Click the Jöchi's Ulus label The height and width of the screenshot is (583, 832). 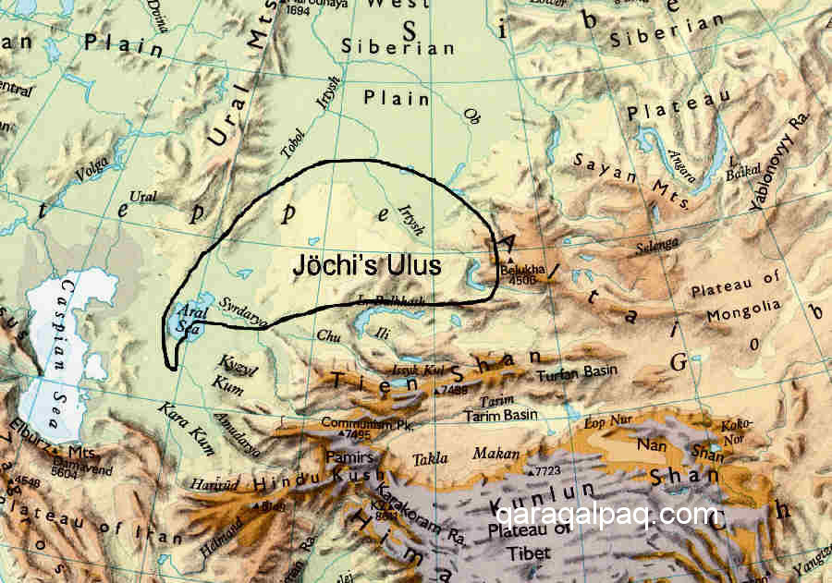point(366,264)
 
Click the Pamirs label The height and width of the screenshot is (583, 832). point(349,458)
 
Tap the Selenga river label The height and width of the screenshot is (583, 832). point(655,247)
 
